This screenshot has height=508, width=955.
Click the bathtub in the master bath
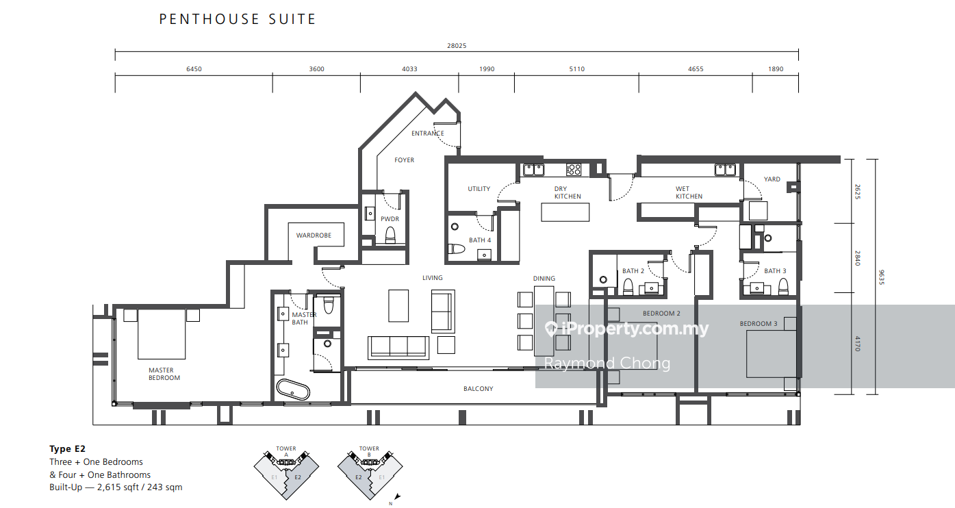[x=293, y=390]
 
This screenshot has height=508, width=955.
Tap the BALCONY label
[x=478, y=389]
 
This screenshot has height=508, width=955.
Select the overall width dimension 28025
[x=457, y=46]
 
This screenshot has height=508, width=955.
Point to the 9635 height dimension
[x=881, y=277]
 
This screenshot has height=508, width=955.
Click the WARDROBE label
[x=314, y=235]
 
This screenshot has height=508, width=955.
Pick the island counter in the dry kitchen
[x=565, y=212]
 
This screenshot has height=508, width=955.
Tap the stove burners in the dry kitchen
[x=574, y=170]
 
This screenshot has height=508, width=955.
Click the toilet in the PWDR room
[x=390, y=235]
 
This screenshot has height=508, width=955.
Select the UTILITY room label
[x=479, y=188]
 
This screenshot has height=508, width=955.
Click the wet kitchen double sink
[x=725, y=170]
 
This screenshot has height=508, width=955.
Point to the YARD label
[x=772, y=179]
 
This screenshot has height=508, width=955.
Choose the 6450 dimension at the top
[x=194, y=68]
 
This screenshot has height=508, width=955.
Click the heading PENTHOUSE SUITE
[x=238, y=19]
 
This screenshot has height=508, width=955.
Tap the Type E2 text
[x=67, y=448]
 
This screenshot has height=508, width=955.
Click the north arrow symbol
[x=397, y=497]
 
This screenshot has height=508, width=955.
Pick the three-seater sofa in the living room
[x=398, y=347]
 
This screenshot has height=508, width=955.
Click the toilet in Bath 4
[x=456, y=249]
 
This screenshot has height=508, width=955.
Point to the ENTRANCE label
[x=428, y=133]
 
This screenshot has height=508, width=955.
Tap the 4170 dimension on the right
[x=857, y=344]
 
